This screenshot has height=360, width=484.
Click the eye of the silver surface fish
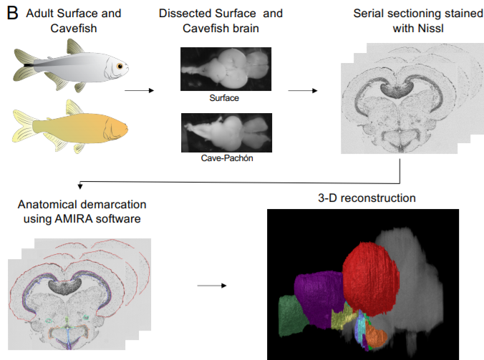point(120,67)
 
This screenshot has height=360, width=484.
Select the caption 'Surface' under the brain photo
point(226,97)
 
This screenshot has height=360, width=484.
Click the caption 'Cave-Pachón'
point(226,158)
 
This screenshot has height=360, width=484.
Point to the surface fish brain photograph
point(226,69)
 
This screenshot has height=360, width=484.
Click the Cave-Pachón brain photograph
point(226,132)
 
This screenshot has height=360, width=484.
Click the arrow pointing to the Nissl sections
point(303,91)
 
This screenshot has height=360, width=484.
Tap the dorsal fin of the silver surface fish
point(74,47)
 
